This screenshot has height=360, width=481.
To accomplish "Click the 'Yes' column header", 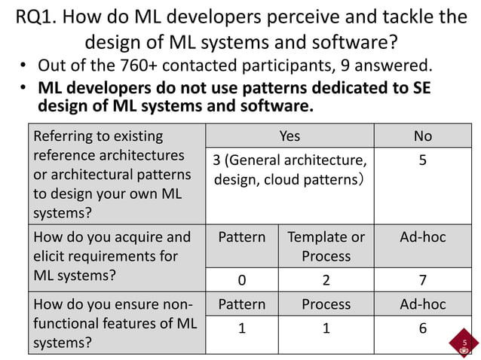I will [290, 136].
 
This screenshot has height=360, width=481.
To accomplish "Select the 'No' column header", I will [423, 136].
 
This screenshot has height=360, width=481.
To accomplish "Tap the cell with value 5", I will [423, 161].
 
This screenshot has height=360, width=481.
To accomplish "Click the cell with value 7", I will [423, 281].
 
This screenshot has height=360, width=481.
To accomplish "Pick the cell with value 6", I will [423, 328].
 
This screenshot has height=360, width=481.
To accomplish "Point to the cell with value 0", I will [242, 281].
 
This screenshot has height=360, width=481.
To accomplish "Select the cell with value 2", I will [326, 281].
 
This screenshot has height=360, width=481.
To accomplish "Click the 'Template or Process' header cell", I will [326, 246].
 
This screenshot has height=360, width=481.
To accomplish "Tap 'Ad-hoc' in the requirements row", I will [423, 237].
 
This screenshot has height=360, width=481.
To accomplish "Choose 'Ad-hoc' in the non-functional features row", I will [423, 304].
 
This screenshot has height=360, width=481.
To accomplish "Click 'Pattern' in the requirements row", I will [242, 237].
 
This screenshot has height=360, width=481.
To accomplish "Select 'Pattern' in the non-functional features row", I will [242, 304].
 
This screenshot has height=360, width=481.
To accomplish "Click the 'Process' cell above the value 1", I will [326, 304].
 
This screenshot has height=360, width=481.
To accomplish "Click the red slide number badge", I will [464, 344].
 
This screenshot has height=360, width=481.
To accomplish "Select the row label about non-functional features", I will [112, 324].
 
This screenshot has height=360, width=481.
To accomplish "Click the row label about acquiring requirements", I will [112, 256].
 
